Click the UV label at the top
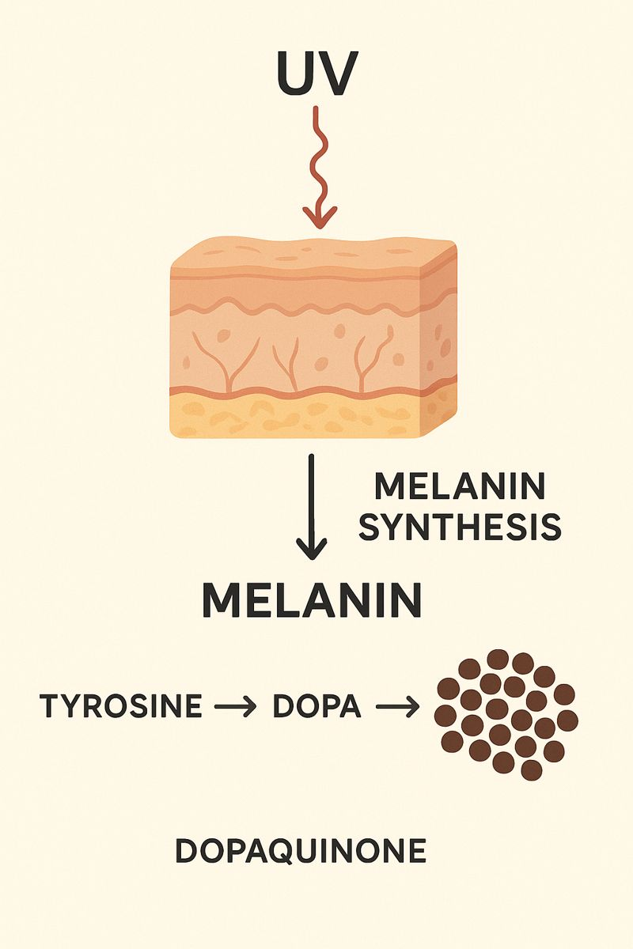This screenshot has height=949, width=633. pyautogui.click(x=315, y=74)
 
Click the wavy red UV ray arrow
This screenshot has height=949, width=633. pyautogui.click(x=319, y=168)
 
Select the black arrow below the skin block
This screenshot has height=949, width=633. pyautogui.click(x=312, y=507)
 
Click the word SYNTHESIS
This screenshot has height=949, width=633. pyautogui.click(x=460, y=527)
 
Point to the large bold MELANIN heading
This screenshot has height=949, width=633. pyautogui.click(x=312, y=600)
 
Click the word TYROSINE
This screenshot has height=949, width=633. pyautogui.click(x=121, y=705)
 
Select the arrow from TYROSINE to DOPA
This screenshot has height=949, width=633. pyautogui.click(x=235, y=706)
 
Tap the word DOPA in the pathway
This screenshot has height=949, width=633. pyautogui.click(x=317, y=705)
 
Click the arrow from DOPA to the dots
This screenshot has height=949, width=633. pyautogui.click(x=398, y=706)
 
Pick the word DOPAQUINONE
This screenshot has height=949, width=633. pyautogui.click(x=301, y=851)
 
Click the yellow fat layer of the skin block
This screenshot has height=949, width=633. pyautogui.click(x=297, y=415)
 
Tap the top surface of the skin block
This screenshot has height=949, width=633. pyautogui.click(x=314, y=253)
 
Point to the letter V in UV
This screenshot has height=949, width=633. pyautogui.click(x=335, y=74)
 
